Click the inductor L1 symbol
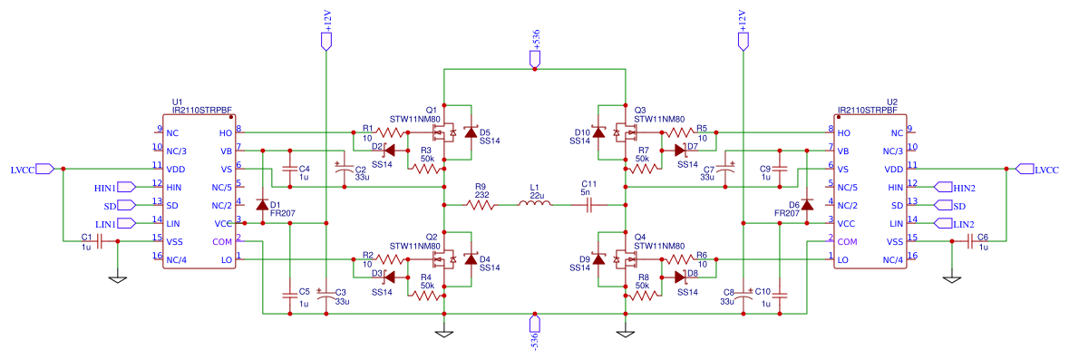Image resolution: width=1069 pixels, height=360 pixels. (x=535, y=203)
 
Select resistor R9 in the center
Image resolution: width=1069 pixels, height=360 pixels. (x=481, y=203)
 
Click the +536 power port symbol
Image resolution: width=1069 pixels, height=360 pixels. (x=535, y=59)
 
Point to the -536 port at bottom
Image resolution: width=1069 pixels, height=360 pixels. (x=535, y=323)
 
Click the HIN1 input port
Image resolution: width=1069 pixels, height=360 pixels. (x=126, y=187)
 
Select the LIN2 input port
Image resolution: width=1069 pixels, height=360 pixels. (x=942, y=223)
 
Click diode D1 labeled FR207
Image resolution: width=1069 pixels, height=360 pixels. (x=262, y=205)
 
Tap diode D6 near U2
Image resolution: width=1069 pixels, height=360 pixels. (x=807, y=205)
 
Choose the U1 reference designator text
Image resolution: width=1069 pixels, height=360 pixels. (x=178, y=102)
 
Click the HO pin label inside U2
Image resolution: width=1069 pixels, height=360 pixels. (x=844, y=132)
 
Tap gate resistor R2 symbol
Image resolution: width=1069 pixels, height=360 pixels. (x=391, y=259)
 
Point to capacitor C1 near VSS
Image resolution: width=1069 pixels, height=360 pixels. (x=100, y=240)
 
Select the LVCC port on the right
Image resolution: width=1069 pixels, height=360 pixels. (x=1024, y=169)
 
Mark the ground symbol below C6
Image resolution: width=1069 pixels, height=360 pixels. (x=951, y=279)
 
